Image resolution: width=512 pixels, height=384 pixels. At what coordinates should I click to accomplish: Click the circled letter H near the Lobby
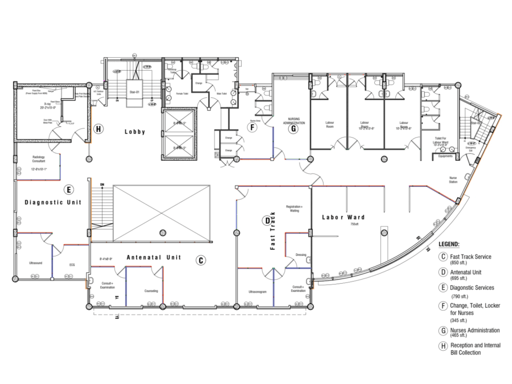click(x=98, y=128)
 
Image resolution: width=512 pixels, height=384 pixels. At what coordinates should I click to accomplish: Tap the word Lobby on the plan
click(x=135, y=132)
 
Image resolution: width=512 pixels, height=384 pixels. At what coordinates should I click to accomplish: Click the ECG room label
click(x=72, y=265)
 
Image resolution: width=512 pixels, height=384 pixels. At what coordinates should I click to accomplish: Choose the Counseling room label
click(x=151, y=291)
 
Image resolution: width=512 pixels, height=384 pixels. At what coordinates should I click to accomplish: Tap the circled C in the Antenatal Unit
click(x=201, y=261)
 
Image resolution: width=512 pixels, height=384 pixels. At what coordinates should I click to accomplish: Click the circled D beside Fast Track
click(x=267, y=221)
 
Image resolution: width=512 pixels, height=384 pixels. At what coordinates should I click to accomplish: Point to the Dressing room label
click(x=301, y=255)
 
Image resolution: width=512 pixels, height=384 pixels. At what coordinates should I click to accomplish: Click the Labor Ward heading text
click(x=343, y=217)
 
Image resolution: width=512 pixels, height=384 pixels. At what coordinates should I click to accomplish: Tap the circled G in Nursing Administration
click(x=293, y=129)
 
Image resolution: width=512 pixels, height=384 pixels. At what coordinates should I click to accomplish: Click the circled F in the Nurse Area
click(x=252, y=128)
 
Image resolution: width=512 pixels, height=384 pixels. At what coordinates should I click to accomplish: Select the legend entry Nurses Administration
click(x=475, y=330)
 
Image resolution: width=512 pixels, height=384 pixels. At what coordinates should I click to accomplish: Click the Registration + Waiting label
click(x=295, y=208)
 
